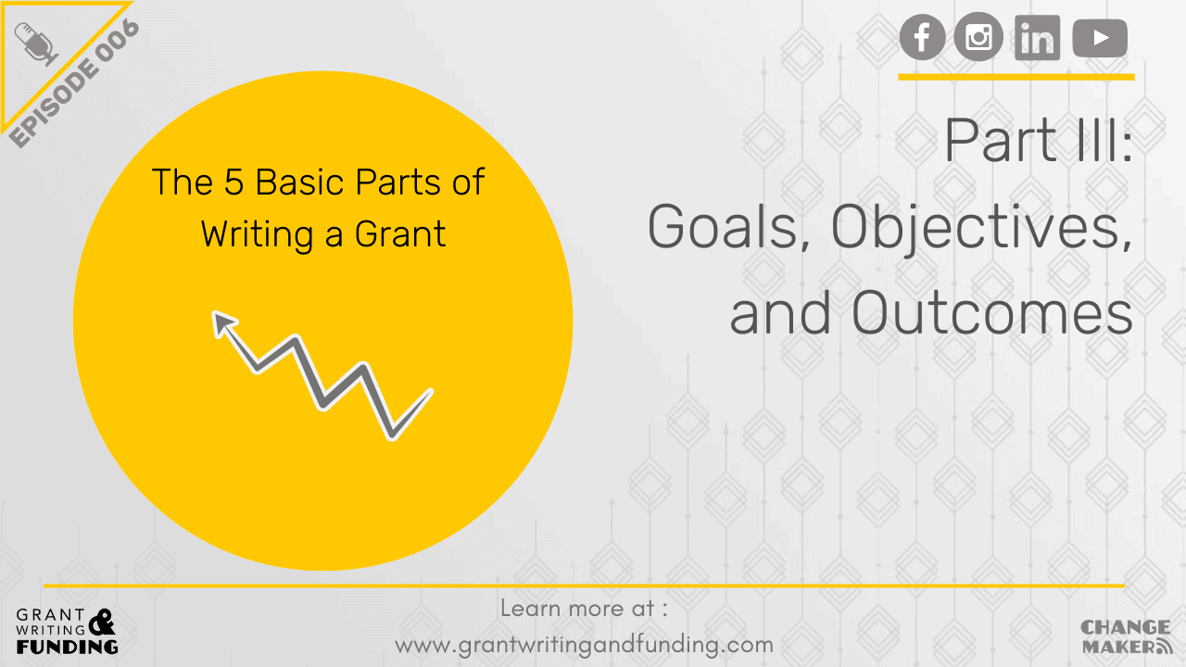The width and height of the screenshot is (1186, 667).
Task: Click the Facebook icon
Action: pos(923,39)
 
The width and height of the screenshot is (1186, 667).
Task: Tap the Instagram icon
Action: pos(978,39)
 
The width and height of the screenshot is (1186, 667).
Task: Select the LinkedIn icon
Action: pos(1037,39)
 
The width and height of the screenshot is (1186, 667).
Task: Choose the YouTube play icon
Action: pos(1100,39)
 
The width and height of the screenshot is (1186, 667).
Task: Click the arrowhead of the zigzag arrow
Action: pos(222,321)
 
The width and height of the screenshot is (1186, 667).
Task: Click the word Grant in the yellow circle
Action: pos(400,233)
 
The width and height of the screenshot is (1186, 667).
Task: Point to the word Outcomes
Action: pos(992,315)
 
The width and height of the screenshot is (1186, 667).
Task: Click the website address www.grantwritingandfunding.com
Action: pos(584,643)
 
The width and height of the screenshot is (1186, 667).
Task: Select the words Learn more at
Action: pos(584,609)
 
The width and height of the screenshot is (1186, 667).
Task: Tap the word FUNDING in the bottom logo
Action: pos(67,646)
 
